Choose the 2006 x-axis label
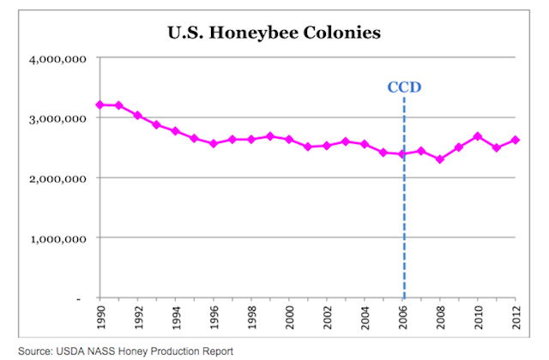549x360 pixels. pos(403,318)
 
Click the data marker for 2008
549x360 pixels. pos(440,159)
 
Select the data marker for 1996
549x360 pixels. pos(214,144)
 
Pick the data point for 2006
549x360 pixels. pos(402,155)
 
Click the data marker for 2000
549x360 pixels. pos(289,140)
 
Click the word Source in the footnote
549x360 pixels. pos(36,351)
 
